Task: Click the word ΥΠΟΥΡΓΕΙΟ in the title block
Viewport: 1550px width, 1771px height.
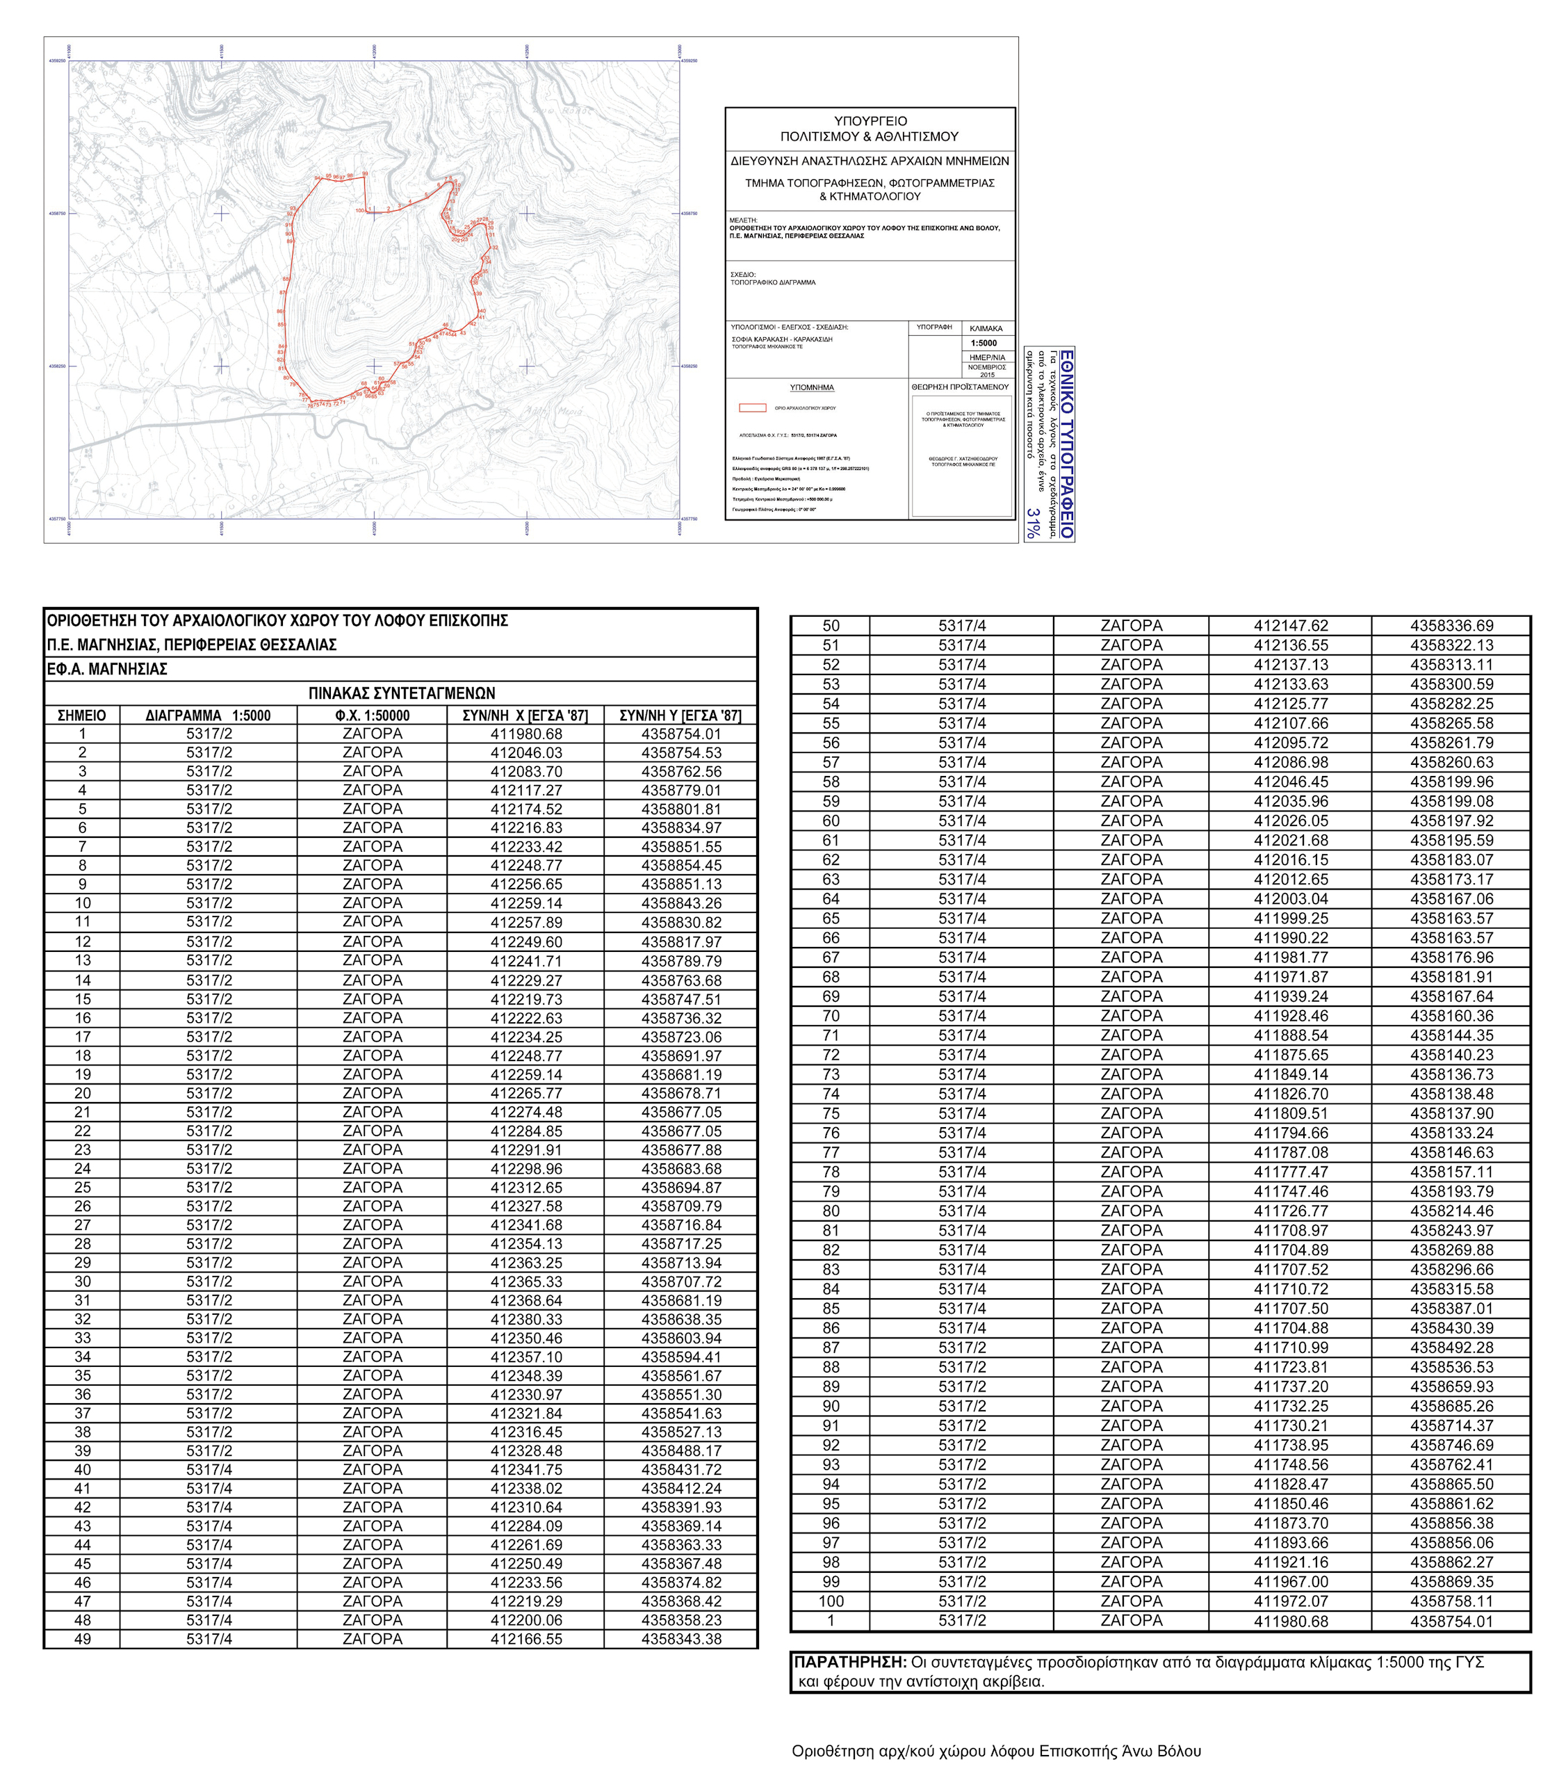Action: [870, 121]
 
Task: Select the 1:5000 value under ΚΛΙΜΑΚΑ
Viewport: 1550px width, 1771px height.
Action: [984, 343]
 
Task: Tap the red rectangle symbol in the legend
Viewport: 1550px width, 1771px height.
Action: [751, 407]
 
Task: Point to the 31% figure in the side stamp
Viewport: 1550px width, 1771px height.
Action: [1034, 524]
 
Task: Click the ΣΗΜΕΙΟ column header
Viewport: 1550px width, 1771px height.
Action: [82, 715]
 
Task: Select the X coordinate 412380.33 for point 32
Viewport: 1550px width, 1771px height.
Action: [526, 1319]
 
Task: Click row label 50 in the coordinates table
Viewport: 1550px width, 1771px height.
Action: [831, 626]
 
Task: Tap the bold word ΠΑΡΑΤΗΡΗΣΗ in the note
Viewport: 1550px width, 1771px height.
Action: [849, 1662]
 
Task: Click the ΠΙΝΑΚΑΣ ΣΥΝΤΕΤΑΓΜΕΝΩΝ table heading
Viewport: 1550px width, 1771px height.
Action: [401, 693]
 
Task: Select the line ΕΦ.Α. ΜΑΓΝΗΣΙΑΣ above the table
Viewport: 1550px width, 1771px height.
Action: [107, 669]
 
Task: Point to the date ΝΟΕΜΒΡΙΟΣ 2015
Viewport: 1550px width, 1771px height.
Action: [987, 371]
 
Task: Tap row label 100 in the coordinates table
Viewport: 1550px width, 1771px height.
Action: [831, 1601]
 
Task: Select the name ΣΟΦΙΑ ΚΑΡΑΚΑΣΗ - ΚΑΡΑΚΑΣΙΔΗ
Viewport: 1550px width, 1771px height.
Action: [781, 339]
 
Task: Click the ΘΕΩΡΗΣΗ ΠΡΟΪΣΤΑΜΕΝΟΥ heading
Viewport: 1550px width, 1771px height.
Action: [960, 387]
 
